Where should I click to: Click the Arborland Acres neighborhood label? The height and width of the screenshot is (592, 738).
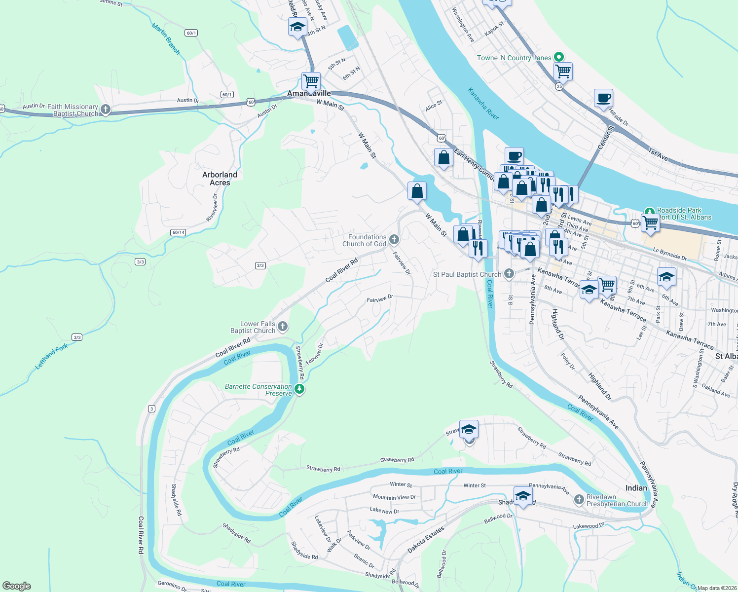tap(220, 179)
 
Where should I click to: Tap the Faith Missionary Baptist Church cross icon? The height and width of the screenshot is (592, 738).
tap(105, 109)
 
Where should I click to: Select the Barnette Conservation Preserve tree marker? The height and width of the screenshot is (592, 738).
tap(299, 390)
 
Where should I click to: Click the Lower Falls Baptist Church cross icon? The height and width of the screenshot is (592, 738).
tap(283, 326)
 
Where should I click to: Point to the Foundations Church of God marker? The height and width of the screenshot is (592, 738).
tap(394, 240)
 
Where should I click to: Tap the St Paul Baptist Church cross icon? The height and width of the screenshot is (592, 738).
tap(509, 274)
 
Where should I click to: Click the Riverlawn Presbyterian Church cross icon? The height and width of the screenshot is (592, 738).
tap(579, 500)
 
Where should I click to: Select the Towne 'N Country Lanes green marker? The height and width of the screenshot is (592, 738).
tap(559, 57)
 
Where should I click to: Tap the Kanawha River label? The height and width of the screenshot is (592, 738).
tap(483, 104)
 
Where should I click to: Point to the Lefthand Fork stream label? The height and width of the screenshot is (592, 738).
tap(51, 357)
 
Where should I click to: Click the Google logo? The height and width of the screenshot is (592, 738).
tap(17, 586)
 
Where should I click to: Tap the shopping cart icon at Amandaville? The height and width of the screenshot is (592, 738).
tap(311, 80)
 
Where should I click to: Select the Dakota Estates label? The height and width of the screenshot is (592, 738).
tap(426, 539)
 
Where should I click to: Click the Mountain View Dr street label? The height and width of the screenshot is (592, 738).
tap(394, 497)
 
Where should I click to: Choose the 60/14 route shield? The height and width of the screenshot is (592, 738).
tap(179, 232)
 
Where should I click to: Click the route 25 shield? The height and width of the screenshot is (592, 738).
tap(559, 86)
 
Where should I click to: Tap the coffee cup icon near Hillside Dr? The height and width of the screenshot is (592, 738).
tap(603, 98)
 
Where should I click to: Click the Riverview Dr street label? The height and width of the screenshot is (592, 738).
tap(212, 207)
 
